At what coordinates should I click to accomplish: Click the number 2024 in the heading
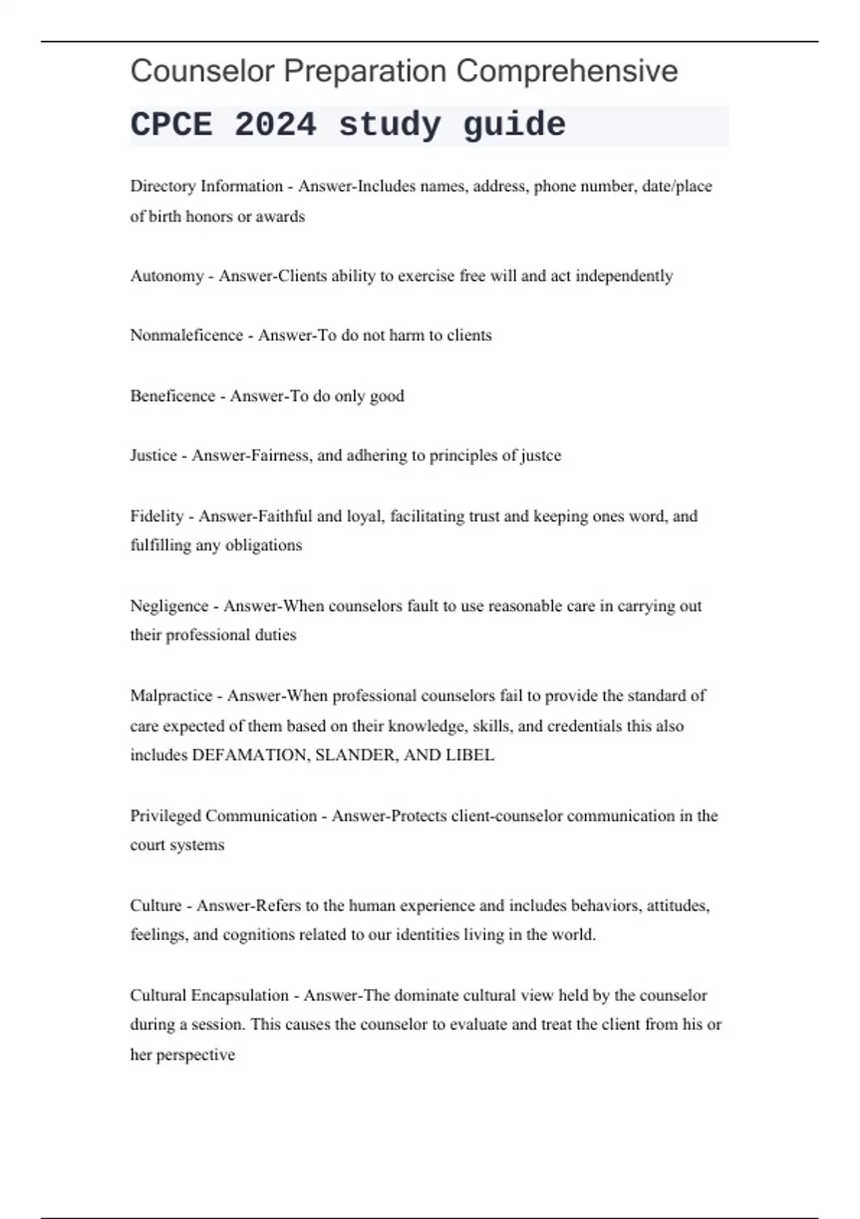[x=275, y=125]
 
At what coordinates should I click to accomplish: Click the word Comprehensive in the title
[x=567, y=71]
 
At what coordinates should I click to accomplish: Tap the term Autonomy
[x=167, y=276]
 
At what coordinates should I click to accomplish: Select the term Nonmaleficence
[x=186, y=336]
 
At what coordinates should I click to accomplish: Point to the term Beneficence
[x=173, y=396]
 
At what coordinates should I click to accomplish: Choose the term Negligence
[x=169, y=606]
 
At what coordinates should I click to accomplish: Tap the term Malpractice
[x=171, y=696]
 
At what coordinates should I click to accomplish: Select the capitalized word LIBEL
[x=470, y=755]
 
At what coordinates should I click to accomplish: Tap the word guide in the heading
[x=514, y=125]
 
